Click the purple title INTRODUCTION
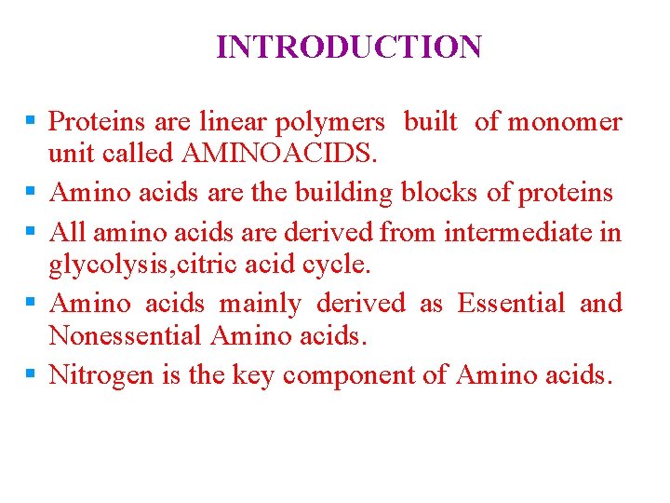pos(349,47)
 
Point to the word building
pos(343,193)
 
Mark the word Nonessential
pos(126,335)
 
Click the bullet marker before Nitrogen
pos(32,374)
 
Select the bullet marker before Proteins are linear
pos(32,122)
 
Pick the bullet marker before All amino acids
pos(32,230)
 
